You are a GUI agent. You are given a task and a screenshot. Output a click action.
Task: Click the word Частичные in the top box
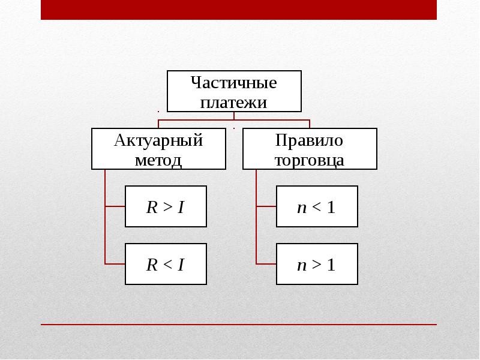pyautogui.click(x=234, y=83)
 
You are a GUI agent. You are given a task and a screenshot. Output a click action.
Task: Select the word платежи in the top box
pyautogui.click(x=233, y=102)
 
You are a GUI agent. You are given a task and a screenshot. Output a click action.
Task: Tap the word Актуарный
pyautogui.click(x=158, y=141)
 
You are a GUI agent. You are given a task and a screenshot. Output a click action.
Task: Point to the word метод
pyautogui.click(x=158, y=160)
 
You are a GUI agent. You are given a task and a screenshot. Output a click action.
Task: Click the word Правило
pyautogui.click(x=309, y=141)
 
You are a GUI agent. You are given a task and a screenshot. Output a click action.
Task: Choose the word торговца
pyautogui.click(x=310, y=160)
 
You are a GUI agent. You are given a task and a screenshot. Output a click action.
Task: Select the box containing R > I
pyautogui.click(x=166, y=206)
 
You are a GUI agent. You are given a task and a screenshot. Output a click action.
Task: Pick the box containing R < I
pyautogui.click(x=166, y=264)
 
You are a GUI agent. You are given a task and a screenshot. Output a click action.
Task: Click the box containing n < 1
pyautogui.click(x=317, y=206)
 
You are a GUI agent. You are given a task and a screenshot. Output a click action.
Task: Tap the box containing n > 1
pyautogui.click(x=317, y=264)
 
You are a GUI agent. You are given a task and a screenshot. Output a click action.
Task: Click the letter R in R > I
pyautogui.click(x=152, y=207)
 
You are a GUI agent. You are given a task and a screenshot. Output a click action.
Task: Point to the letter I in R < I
pyautogui.click(x=181, y=265)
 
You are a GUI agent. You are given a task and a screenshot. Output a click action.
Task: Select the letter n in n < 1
pyautogui.click(x=302, y=208)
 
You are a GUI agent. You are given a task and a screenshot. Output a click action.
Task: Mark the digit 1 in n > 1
pyautogui.click(x=331, y=265)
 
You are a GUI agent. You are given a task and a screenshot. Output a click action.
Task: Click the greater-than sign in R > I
pyautogui.click(x=168, y=207)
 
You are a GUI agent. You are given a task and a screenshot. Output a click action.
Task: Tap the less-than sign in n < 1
pyautogui.click(x=317, y=207)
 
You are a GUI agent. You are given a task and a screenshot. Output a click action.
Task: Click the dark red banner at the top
pyautogui.click(x=239, y=10)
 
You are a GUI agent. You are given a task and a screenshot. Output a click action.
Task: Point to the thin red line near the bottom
pyautogui.click(x=239, y=325)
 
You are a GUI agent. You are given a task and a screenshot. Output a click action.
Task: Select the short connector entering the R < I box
pyautogui.click(x=115, y=263)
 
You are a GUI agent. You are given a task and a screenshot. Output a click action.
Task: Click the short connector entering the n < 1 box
pyautogui.click(x=266, y=206)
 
